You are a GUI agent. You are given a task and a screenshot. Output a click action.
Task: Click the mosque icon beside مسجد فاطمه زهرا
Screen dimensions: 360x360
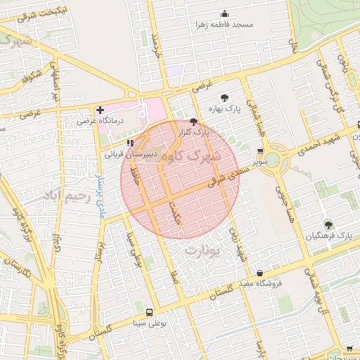pyautogui.click(x=224, y=13)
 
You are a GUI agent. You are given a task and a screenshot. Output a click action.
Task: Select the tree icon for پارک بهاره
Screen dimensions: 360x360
pyautogui.click(x=224, y=98)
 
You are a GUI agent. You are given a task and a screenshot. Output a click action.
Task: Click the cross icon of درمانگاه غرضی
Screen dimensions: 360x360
pyautogui.click(x=100, y=110)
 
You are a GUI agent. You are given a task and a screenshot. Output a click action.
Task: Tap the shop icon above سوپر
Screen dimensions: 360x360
pyautogui.click(x=261, y=151)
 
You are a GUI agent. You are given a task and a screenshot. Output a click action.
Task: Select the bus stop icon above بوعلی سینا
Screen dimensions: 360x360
pyautogui.click(x=148, y=312)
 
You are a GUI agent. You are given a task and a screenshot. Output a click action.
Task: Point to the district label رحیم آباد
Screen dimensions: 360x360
pyautogui.click(x=68, y=195)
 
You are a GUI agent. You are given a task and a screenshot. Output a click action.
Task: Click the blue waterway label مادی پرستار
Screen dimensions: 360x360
pyautogui.click(x=99, y=179)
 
